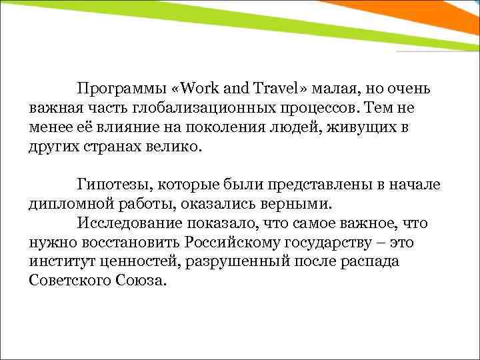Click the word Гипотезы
click(111, 185)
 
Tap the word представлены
click(307, 185)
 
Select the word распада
click(369, 261)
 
